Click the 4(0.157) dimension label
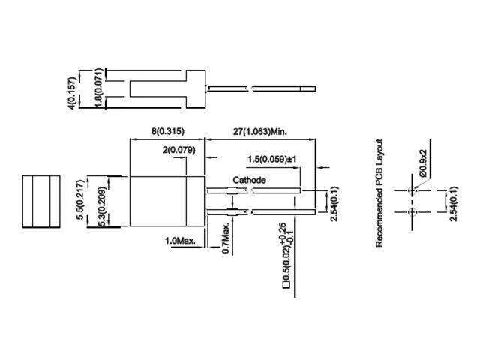[71, 93]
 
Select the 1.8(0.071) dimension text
[98, 88]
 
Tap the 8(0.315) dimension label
[168, 132]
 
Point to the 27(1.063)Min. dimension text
[260, 132]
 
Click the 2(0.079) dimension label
[178, 150]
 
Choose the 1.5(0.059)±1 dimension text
[271, 160]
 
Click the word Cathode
[249, 180]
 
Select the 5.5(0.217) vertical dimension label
[80, 199]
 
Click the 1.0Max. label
[180, 241]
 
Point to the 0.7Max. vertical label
[226, 238]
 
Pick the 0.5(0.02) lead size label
[286, 263]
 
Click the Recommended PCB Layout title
[379, 193]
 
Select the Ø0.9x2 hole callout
[423, 163]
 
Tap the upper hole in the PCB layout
[412, 190]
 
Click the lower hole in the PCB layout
[412, 211]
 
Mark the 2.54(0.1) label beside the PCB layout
[453, 203]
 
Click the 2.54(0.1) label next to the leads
[334, 203]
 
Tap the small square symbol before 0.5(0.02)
[286, 285]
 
